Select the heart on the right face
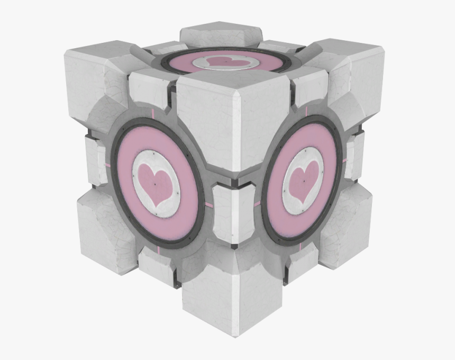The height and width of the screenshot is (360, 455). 304,181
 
